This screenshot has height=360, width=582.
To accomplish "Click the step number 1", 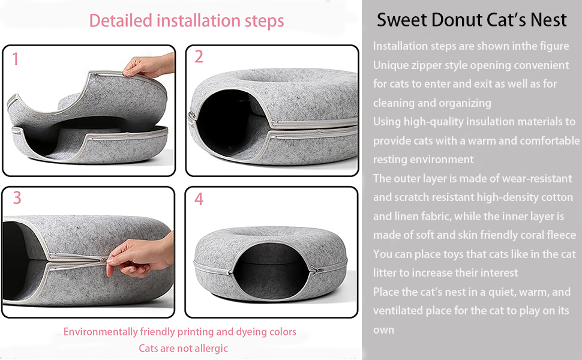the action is [15, 59].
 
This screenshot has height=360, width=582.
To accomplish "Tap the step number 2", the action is [199, 57].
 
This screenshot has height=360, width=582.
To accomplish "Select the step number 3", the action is [17, 198].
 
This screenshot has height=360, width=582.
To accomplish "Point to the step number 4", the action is [199, 199].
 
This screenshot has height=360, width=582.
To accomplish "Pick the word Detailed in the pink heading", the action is [121, 20].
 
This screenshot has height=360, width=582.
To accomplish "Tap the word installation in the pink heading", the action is [198, 20].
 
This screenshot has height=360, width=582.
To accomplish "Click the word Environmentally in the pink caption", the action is [100, 331].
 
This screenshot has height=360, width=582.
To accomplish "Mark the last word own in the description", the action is [384, 329].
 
